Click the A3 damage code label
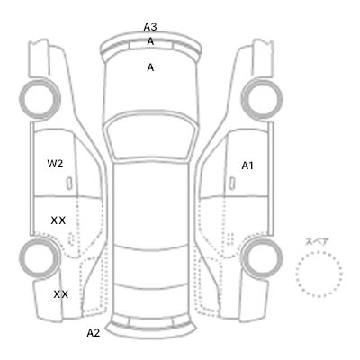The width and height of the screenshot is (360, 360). (x=150, y=27)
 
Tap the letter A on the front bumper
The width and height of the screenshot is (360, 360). (x=150, y=41)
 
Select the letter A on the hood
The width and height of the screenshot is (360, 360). (x=150, y=67)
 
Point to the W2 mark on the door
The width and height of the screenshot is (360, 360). (x=55, y=164)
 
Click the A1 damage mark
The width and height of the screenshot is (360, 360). (x=247, y=166)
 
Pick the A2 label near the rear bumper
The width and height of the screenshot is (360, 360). (x=94, y=333)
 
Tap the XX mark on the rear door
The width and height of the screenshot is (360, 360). (x=58, y=220)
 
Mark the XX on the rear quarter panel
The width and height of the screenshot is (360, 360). (x=61, y=294)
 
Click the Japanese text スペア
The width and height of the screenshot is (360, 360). (x=317, y=242)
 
